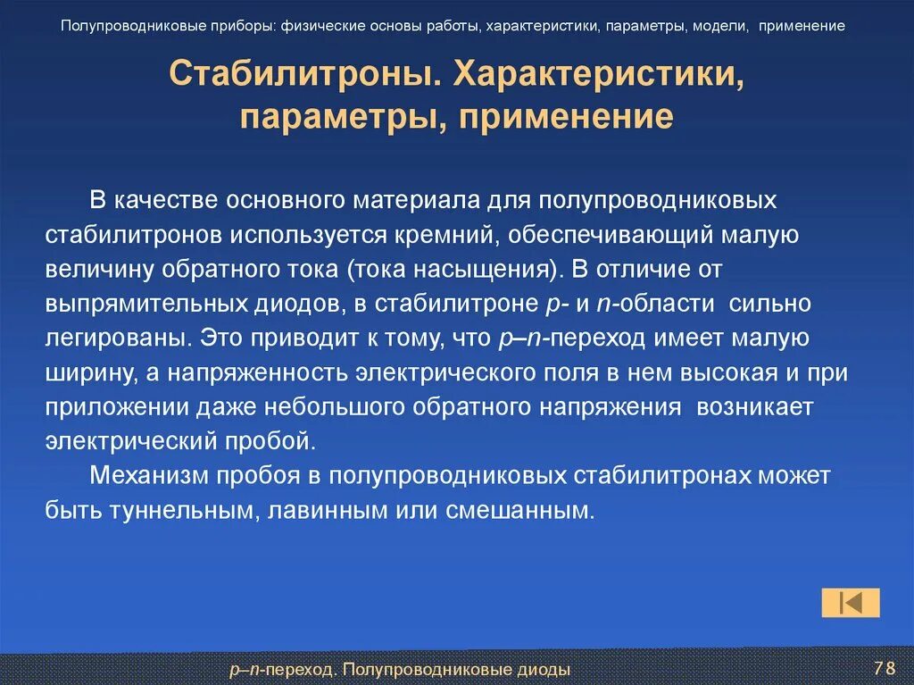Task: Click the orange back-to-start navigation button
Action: pos(850,603)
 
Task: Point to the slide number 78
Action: pos(885,668)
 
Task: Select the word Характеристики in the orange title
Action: pos(599,75)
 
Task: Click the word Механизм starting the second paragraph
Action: pos(147,476)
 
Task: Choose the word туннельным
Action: pos(173,511)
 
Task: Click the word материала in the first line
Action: pos(432,201)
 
